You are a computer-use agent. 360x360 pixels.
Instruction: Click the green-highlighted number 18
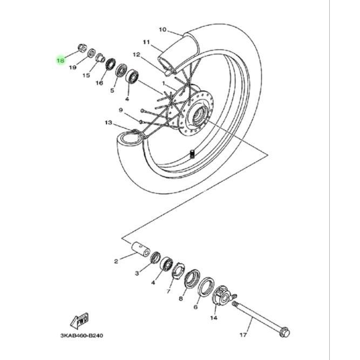pos(60,60)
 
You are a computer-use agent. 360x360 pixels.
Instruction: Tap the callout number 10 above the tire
pos(163,30)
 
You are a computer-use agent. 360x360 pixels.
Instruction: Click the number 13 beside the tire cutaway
pos(108,123)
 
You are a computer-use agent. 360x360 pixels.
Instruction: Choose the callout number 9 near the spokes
pos(121,110)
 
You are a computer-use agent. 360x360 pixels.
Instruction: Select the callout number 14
pos(214,318)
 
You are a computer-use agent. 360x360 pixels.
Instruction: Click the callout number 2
pos(116,262)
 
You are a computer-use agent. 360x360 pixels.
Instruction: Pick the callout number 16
pos(99,83)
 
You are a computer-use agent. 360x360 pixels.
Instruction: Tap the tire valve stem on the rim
pos(192,153)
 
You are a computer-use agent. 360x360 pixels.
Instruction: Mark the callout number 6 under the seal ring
pos(195,307)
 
